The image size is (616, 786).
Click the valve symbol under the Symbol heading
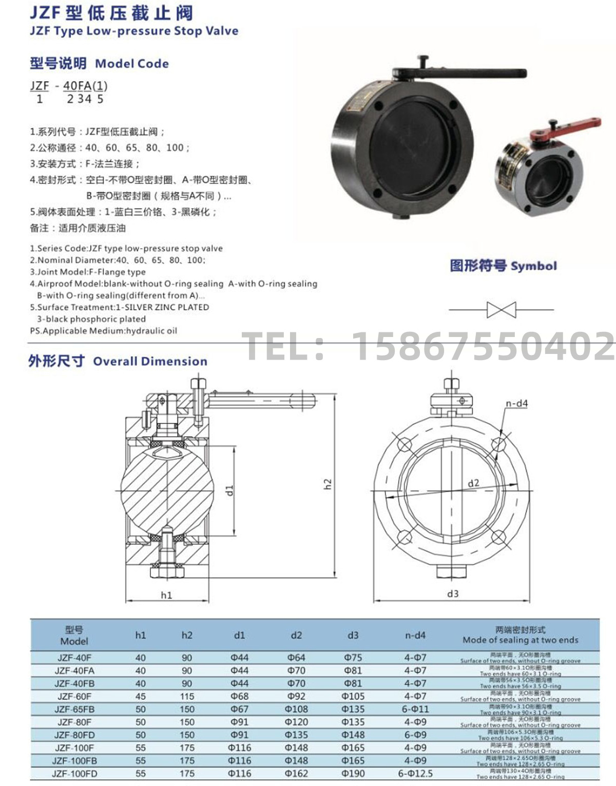coord(501,310)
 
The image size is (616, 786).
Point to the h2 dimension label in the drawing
coord(328,483)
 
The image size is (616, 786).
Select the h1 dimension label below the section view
coord(166,595)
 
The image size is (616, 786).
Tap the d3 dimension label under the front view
coord(452,593)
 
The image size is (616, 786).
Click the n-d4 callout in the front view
coord(516,403)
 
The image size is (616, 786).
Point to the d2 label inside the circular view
coord(473,483)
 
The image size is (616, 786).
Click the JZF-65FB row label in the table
coord(75,709)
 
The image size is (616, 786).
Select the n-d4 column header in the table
coord(415,635)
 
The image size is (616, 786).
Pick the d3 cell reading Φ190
coord(353,773)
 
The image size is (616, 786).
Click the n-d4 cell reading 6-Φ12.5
coord(415,773)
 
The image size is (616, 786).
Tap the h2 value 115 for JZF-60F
coord(187,696)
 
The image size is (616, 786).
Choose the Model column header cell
coord(74,635)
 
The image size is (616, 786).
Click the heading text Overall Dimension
coord(150,361)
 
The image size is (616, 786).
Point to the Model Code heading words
coord(132,64)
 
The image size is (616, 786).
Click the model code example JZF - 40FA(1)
coord(69,86)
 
